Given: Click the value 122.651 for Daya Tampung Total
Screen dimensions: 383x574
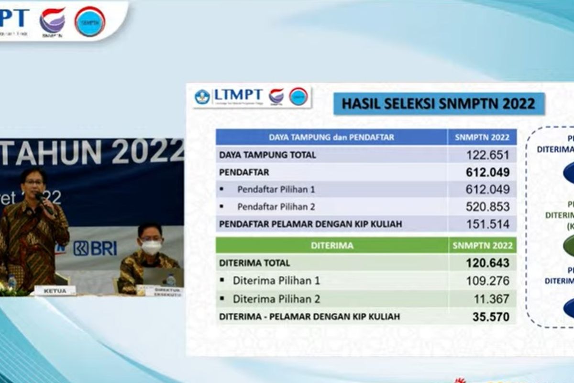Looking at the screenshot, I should point(488,155).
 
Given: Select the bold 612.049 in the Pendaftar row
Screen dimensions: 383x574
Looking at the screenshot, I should point(488,172).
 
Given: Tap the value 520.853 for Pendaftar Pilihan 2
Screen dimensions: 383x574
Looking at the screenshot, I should point(488,207).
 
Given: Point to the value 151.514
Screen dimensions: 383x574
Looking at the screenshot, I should point(488,224).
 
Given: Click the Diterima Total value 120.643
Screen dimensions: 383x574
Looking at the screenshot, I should point(487,263).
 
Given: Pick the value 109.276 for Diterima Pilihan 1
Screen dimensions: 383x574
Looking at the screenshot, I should point(488,281).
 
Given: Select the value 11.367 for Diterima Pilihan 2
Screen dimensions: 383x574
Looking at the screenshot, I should point(493,299).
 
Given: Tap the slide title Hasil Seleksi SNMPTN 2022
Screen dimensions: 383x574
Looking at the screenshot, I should point(439,104).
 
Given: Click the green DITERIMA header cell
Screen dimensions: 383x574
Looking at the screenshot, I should point(332,246).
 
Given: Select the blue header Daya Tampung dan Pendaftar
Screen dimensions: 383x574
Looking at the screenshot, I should point(331,137).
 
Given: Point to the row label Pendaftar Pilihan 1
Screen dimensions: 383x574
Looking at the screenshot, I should point(276,190).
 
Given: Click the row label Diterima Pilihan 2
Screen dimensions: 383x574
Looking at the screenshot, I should point(276,299).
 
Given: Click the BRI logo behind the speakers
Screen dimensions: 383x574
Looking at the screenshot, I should point(96,248).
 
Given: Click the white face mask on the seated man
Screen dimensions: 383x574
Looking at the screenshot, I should point(151,247).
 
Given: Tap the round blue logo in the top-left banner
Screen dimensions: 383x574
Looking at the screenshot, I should point(90,22).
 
